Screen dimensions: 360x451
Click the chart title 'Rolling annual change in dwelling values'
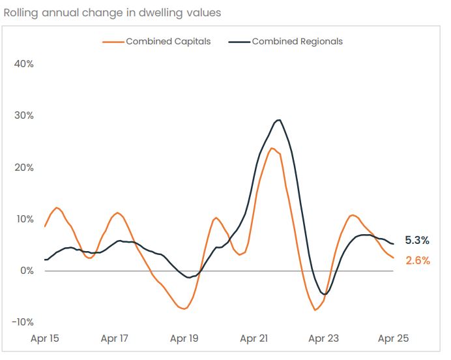pyautogui.click(x=112, y=12)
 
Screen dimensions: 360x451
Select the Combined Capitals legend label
pyautogui.click(x=168, y=41)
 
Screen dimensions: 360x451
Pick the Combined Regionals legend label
pyautogui.click(x=297, y=41)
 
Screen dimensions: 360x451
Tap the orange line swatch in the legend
pyautogui.click(x=113, y=42)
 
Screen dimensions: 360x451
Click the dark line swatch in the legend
pyautogui.click(x=239, y=42)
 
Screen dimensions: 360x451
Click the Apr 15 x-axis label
pyautogui.click(x=45, y=338)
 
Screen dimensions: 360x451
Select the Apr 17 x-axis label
pyautogui.click(x=115, y=338)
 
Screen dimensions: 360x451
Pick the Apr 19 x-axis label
pyautogui.click(x=184, y=338)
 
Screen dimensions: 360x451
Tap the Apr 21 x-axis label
pyautogui.click(x=254, y=338)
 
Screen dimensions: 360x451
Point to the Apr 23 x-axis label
pyautogui.click(x=324, y=338)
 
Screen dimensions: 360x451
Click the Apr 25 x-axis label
pyautogui.click(x=394, y=338)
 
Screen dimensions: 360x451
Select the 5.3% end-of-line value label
pyautogui.click(x=417, y=240)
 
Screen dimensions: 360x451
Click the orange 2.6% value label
pyautogui.click(x=418, y=260)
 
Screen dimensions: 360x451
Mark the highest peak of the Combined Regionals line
pyautogui.click(x=279, y=120)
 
